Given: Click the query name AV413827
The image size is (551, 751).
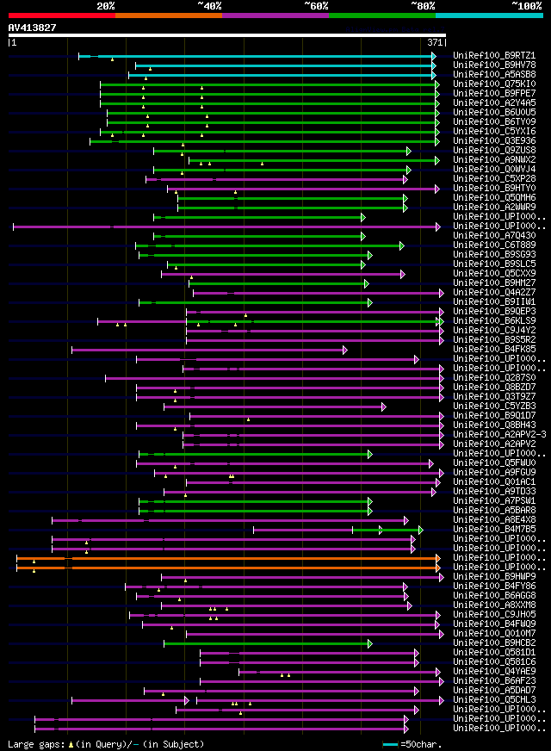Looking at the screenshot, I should (33, 28).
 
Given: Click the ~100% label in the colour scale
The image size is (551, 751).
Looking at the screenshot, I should (526, 5).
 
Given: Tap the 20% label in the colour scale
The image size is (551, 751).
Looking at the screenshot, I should (106, 5).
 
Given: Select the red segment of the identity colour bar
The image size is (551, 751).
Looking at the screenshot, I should (61, 15).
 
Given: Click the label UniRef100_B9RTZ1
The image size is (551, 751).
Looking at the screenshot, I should (494, 56).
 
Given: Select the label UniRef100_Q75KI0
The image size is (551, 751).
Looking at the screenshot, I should (494, 84).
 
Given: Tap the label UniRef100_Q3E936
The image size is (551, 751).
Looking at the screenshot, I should (494, 141).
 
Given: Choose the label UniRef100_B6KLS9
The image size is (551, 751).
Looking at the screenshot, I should (494, 321).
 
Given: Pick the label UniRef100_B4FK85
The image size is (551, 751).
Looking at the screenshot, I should (494, 350).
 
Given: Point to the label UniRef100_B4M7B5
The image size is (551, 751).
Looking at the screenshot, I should (494, 530).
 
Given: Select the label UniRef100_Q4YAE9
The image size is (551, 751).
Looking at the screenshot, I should (494, 672).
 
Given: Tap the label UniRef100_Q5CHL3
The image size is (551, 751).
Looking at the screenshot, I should (494, 700).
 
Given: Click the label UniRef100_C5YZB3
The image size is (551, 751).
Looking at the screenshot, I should (494, 407).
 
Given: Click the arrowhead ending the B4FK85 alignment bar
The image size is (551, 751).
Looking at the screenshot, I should (345, 351).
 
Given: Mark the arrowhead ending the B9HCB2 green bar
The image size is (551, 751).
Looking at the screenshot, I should (369, 643).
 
